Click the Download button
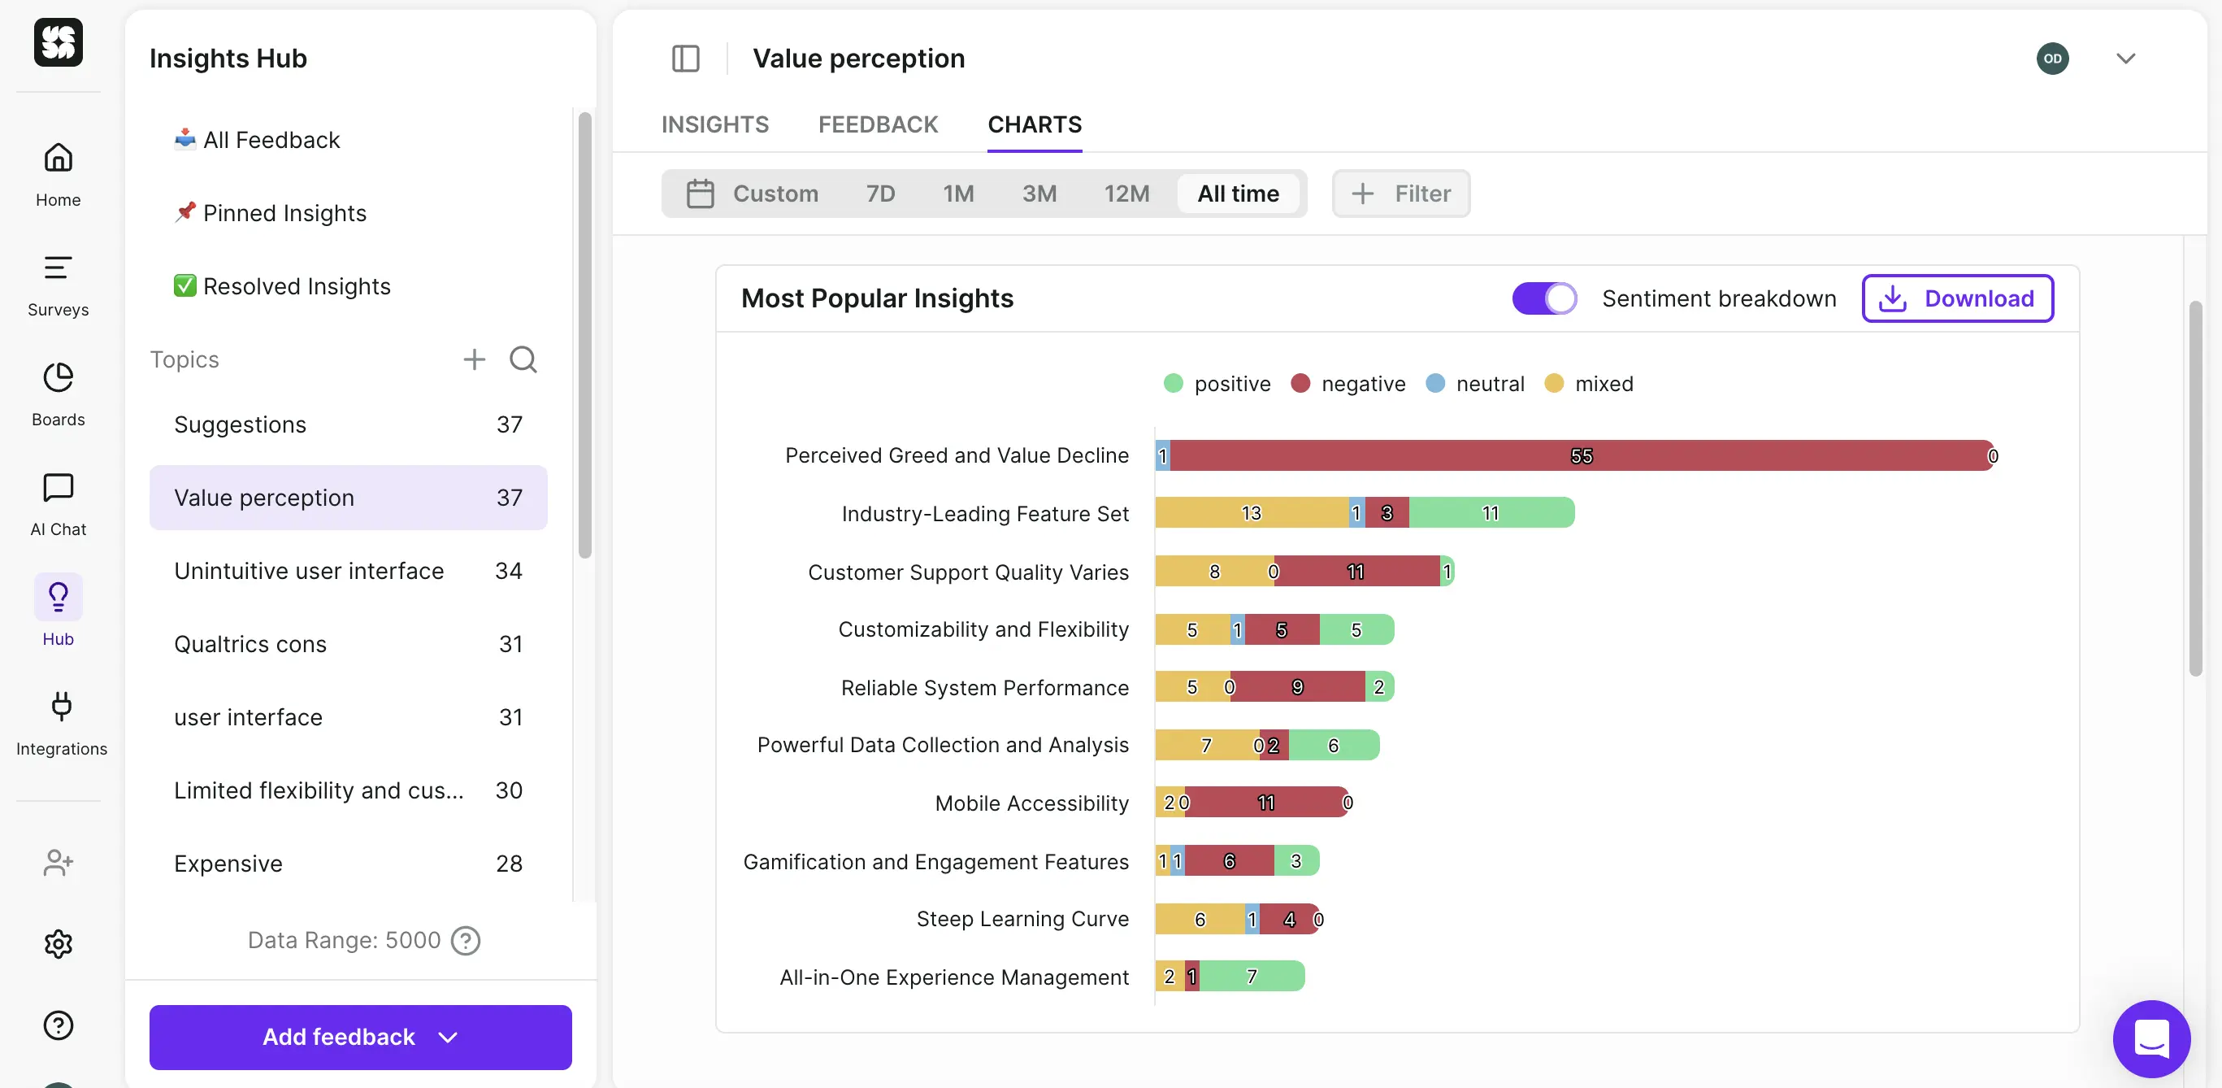(1956, 298)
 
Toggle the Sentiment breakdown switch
(1543, 298)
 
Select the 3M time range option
(1039, 194)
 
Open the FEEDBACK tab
(877, 124)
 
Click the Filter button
(1401, 194)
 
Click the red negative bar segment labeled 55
(1580, 455)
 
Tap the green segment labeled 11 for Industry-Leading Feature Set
(1491, 513)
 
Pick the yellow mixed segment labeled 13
(1251, 513)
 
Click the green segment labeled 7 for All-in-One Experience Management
(1251, 977)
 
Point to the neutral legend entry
(1490, 384)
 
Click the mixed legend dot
(1553, 383)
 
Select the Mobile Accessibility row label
(1031, 803)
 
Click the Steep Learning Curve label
(1022, 919)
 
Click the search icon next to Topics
(523, 359)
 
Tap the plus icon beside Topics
(475, 359)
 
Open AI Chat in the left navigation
(58, 506)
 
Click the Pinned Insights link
(284, 213)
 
